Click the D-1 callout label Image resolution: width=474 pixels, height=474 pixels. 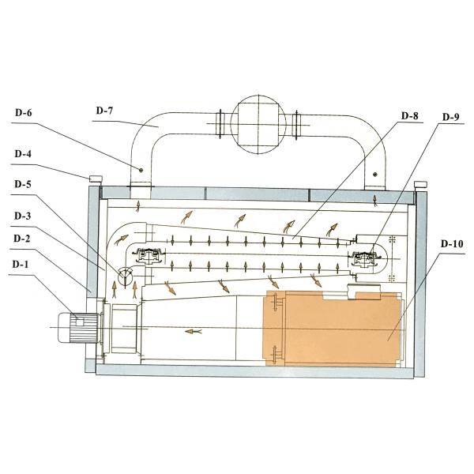tap(21, 264)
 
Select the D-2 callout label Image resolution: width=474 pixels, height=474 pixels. tap(22, 239)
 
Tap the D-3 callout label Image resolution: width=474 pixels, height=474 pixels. tap(23, 216)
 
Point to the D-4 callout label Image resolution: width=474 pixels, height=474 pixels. tap(23, 154)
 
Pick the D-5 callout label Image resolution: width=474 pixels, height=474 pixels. tap(23, 184)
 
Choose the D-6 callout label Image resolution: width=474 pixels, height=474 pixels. tap(23, 113)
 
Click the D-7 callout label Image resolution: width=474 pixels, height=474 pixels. tap(104, 111)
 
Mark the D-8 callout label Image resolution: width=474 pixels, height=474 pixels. tap(410, 115)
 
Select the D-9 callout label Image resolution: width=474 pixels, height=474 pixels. tap(451, 117)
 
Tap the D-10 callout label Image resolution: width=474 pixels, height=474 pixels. tap(452, 243)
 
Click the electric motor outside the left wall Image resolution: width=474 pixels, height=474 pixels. tap(78, 328)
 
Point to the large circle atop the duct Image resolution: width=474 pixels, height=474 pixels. tap(258, 125)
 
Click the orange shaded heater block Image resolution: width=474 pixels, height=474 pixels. tap(333, 329)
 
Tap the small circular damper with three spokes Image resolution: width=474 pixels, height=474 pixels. tap(125, 276)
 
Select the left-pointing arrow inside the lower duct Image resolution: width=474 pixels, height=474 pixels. tap(194, 332)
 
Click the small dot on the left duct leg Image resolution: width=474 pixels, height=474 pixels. tap(141, 170)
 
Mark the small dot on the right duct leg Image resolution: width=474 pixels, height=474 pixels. tap(375, 175)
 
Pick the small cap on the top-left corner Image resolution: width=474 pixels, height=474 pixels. tap(96, 179)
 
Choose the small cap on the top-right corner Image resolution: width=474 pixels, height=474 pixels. tap(420, 184)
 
